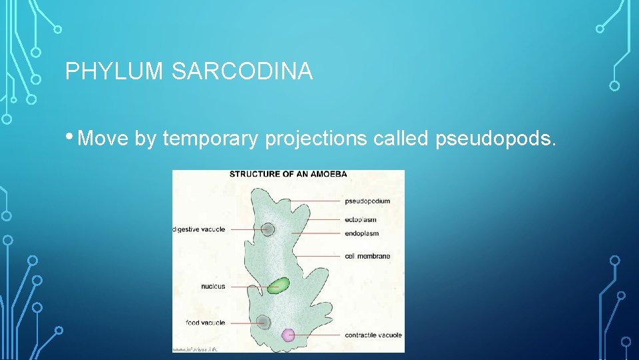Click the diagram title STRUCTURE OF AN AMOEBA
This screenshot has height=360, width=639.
(x=288, y=175)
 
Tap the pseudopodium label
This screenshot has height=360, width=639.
(x=367, y=201)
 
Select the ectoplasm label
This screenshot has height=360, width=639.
(x=361, y=219)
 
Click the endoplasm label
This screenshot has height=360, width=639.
(x=362, y=233)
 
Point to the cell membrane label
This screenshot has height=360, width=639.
(x=367, y=256)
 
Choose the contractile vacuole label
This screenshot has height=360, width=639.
(x=373, y=335)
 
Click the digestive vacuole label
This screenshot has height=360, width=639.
(x=199, y=229)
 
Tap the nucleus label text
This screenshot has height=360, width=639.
(x=213, y=287)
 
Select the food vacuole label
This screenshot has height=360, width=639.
(x=206, y=323)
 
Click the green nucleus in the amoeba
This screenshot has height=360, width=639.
(x=279, y=286)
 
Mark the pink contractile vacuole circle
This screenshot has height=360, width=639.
(x=288, y=335)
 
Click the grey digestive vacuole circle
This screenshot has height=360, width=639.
(x=268, y=229)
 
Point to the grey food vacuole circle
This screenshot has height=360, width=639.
(x=264, y=322)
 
